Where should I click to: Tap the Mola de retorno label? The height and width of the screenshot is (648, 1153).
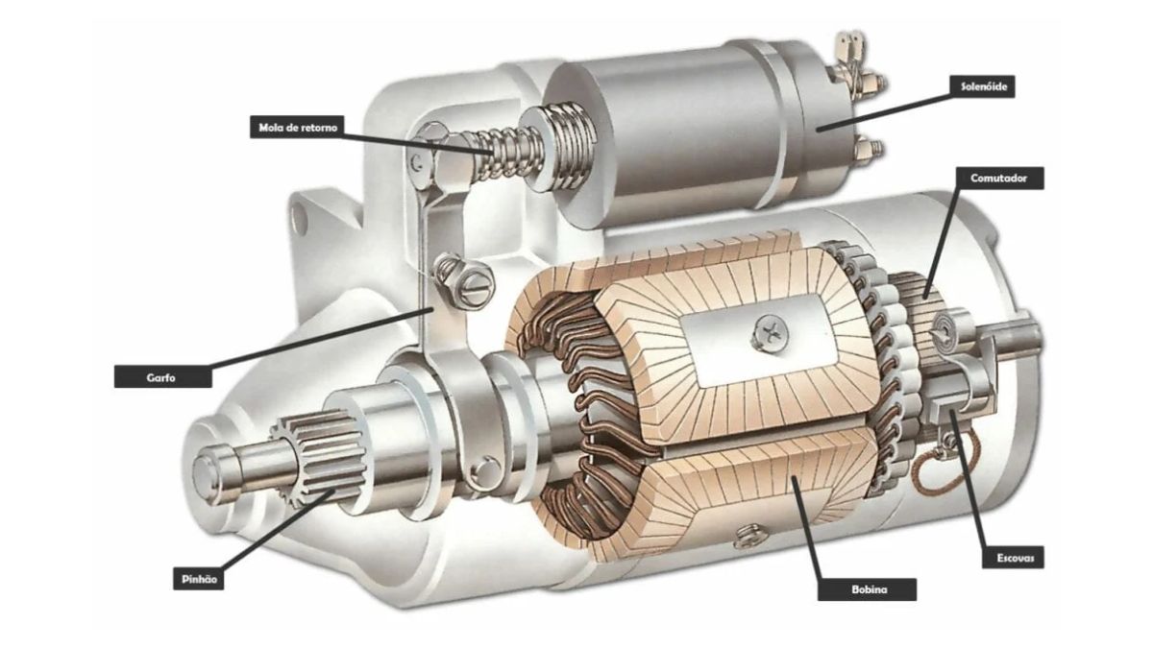(x=298, y=127)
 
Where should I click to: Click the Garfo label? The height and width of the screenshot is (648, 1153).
(x=162, y=375)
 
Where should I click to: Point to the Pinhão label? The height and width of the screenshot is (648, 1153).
(x=199, y=579)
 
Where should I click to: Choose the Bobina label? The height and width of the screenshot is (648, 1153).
(x=867, y=589)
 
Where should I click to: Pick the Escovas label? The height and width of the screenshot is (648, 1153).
(x=1013, y=558)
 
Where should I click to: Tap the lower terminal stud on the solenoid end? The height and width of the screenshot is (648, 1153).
(x=872, y=149)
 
